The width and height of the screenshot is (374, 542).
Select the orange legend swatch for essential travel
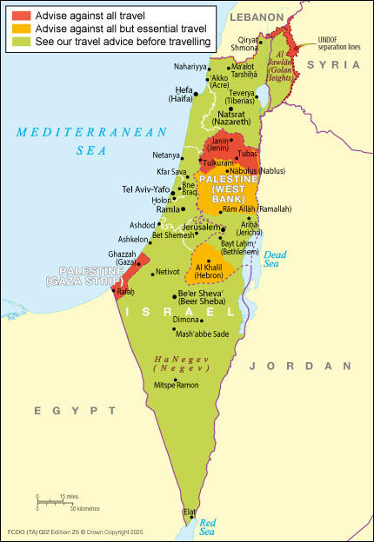click(19, 29)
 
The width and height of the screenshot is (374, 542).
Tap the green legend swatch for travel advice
click(19, 41)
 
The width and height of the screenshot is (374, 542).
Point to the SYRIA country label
click(341, 65)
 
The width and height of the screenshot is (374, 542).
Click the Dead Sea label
click(275, 259)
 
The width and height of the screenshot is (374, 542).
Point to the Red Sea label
click(208, 525)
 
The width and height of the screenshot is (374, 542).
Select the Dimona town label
click(187, 319)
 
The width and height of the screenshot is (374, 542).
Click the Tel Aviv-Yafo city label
click(146, 188)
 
